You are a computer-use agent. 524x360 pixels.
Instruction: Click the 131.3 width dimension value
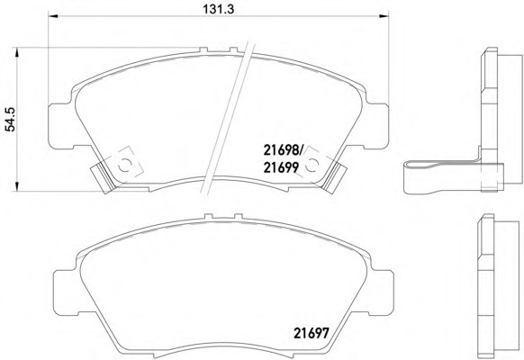click(x=219, y=9)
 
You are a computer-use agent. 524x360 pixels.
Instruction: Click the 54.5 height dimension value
click(x=11, y=119)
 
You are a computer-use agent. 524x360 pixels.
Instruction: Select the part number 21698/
click(x=283, y=150)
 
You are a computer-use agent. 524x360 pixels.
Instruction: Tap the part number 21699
click(x=281, y=167)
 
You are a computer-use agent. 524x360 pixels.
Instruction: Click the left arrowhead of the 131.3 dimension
click(x=53, y=15)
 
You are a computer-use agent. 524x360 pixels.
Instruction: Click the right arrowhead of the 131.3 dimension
click(x=384, y=15)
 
